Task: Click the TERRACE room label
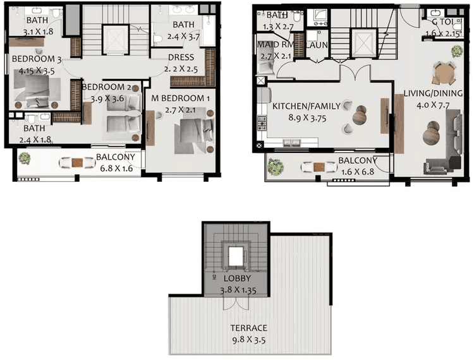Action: (x=249, y=328)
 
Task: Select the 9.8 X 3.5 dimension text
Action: (x=249, y=339)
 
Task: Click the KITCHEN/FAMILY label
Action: (x=307, y=106)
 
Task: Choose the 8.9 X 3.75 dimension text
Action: (x=307, y=117)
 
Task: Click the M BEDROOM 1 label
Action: (x=179, y=99)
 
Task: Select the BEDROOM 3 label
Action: (x=38, y=59)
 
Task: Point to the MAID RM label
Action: (x=273, y=45)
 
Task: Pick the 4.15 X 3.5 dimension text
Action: (x=38, y=71)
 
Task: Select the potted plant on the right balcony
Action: (x=275, y=165)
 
